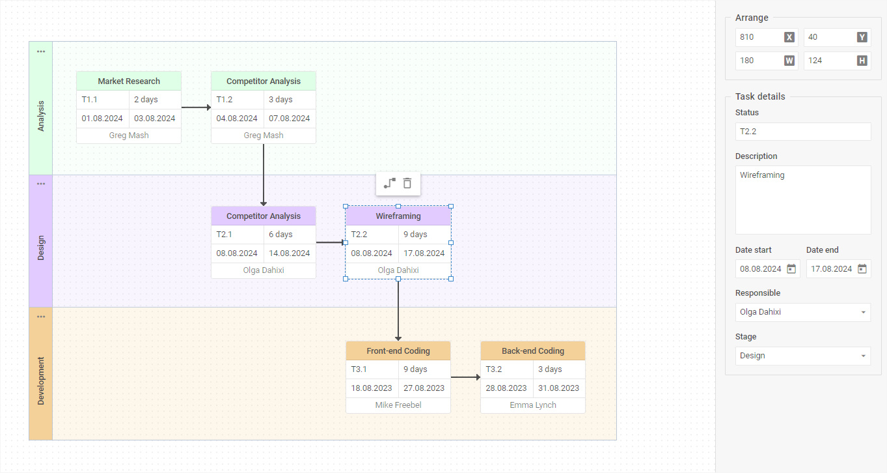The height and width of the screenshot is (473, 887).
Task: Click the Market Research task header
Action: click(129, 81)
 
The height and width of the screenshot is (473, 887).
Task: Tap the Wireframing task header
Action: click(398, 216)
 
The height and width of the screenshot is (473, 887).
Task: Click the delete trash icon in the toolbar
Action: click(407, 183)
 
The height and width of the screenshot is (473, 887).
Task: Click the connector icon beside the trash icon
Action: click(389, 183)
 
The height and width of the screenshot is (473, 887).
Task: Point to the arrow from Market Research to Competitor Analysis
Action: click(195, 107)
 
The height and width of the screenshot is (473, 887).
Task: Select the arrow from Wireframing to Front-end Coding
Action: click(398, 310)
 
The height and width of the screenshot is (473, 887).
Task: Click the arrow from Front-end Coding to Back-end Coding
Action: click(465, 377)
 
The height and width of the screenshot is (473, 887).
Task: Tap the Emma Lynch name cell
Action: click(532, 405)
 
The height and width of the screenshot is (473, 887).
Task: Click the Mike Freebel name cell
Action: click(398, 405)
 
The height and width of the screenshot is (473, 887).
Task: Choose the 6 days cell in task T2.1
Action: click(290, 235)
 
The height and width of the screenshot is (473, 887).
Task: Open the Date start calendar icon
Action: click(791, 268)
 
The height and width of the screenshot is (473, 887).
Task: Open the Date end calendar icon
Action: click(862, 268)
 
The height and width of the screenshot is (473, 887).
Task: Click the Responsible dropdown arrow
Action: click(863, 312)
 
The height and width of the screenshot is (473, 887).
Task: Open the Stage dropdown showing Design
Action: click(802, 356)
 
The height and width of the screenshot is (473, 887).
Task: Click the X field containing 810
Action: click(759, 37)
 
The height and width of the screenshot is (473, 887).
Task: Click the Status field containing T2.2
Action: click(802, 132)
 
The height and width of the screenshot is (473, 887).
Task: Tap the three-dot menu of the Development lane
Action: click(41, 317)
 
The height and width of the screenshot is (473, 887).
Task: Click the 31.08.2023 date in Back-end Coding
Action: click(559, 388)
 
